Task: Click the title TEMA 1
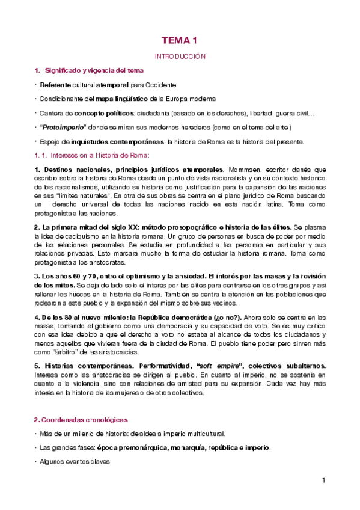[x=180, y=41]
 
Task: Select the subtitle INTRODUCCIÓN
[x=180, y=56]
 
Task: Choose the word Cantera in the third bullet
[x=51, y=112]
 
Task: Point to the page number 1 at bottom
[x=323, y=480]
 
